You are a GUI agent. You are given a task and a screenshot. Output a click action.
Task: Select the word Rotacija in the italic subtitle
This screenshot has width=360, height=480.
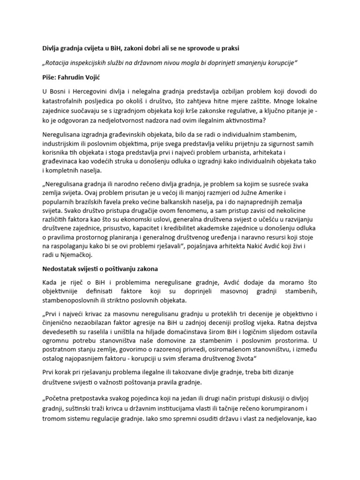click(60, 63)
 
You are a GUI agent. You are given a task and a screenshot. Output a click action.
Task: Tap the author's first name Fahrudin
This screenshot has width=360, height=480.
click(76, 77)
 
